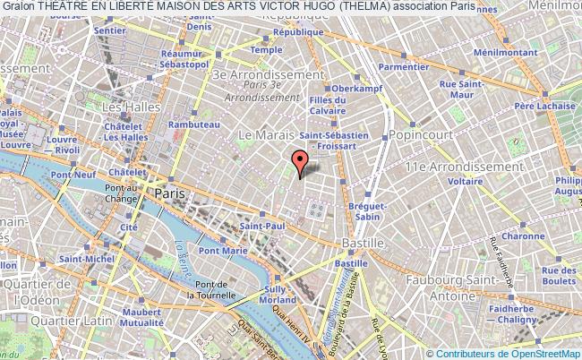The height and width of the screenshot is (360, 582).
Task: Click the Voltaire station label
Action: [x=466, y=181]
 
